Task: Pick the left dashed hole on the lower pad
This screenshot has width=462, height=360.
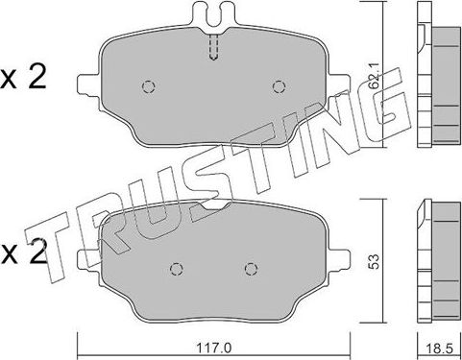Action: click(176, 268)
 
